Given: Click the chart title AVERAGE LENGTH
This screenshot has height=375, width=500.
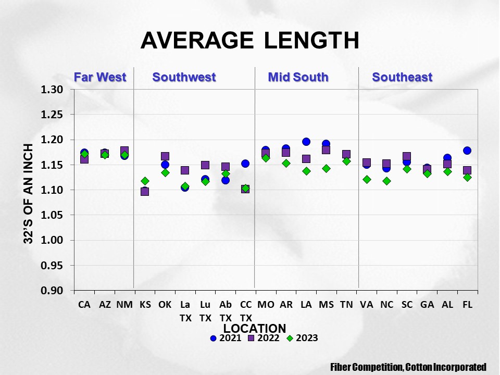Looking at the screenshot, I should (250, 40).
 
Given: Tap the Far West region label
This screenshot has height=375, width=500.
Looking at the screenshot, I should (100, 77).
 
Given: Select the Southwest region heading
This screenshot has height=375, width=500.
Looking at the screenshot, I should (184, 77).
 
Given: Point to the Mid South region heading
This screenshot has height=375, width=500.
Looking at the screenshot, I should (298, 77).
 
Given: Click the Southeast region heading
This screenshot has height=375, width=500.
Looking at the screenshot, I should (402, 77).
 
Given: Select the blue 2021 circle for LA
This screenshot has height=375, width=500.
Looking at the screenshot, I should (306, 142).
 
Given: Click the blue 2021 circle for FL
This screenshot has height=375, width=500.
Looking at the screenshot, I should (467, 151).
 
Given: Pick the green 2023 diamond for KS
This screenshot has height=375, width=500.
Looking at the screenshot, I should (145, 181).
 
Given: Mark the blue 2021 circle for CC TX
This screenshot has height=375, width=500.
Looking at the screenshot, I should (245, 164).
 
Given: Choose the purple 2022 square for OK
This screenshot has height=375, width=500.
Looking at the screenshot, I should (165, 156).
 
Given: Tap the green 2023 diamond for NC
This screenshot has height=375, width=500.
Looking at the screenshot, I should (386, 181).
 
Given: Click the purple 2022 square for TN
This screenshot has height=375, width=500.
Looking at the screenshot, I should (346, 154).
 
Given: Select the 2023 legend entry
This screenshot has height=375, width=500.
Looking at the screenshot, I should (302, 338).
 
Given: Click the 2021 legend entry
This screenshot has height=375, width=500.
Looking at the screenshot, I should (226, 338).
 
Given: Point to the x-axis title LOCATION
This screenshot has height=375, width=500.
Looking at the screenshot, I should (255, 328).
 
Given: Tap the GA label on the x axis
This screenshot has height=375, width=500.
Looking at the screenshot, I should (427, 305).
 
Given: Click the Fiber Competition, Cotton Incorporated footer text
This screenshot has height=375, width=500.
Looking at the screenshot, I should (408, 367).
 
